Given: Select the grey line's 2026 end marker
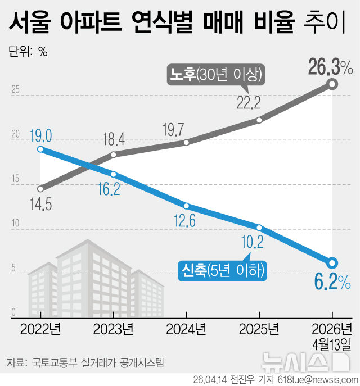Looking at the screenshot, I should (x=332, y=84).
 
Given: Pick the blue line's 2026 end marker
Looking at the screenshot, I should (x=332, y=262).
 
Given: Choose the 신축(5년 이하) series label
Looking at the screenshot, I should (x=222, y=270).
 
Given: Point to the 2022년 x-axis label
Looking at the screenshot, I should (x=40, y=328).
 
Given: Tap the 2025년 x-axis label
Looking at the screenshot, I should (x=259, y=328).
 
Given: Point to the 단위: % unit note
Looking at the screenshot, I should (x=28, y=52).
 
